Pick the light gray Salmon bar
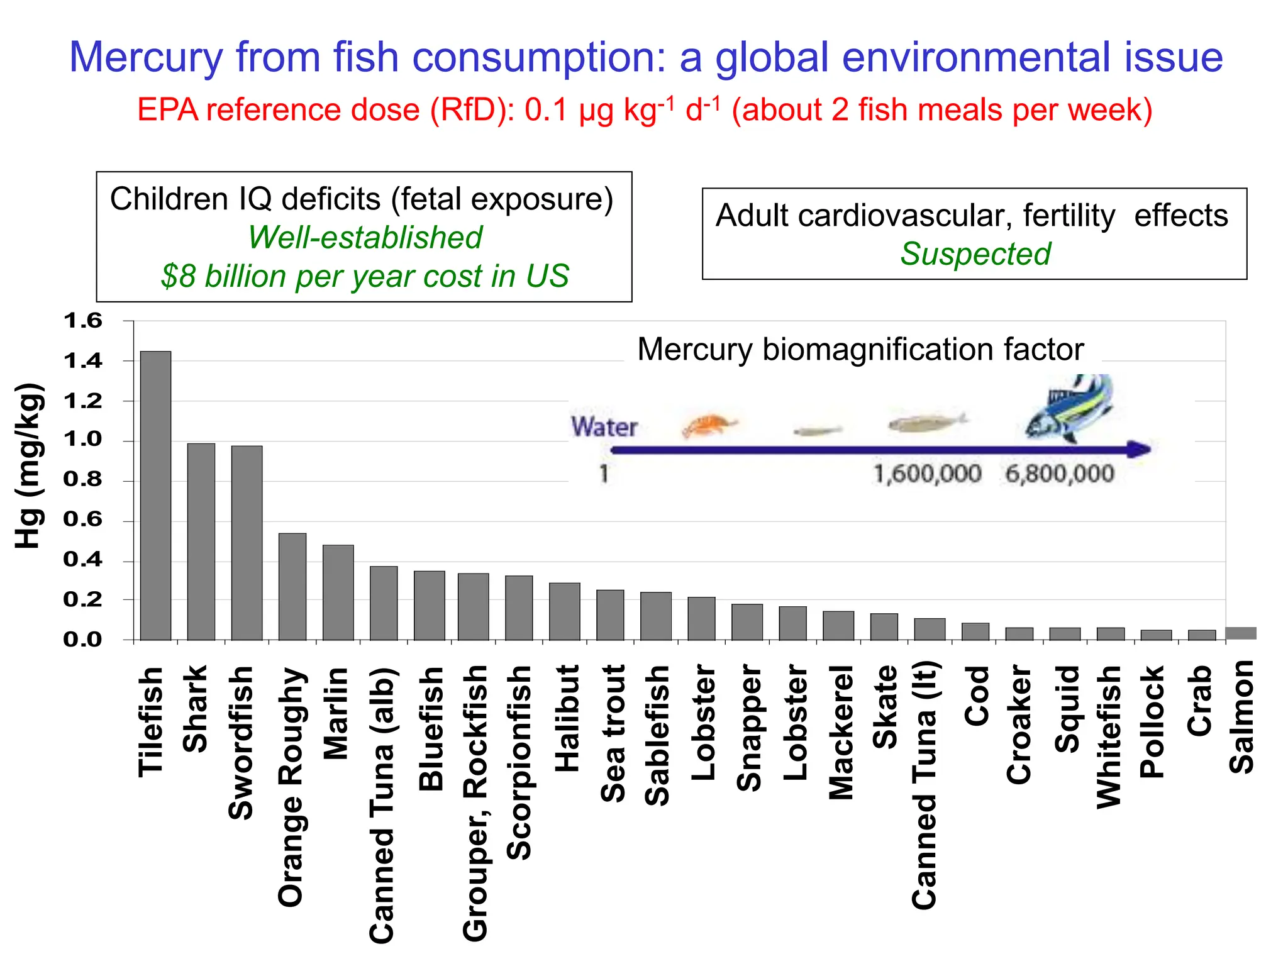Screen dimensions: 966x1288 point(1241,633)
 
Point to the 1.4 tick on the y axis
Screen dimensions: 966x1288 point(82,361)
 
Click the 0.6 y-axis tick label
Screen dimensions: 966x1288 point(82,519)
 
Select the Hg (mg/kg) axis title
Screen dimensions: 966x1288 point(29,465)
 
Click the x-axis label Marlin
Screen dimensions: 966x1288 point(336,713)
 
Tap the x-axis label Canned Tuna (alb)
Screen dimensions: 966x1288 point(382,805)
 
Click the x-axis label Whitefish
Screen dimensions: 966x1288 point(1109,736)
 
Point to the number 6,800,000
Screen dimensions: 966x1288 point(1060,474)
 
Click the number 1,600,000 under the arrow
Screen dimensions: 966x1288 point(927,474)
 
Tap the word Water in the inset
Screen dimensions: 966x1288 point(604,427)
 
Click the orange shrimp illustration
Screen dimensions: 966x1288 point(709,425)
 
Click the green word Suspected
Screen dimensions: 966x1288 point(975,254)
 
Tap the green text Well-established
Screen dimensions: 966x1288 point(365,238)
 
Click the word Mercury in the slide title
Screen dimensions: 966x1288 point(146,57)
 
